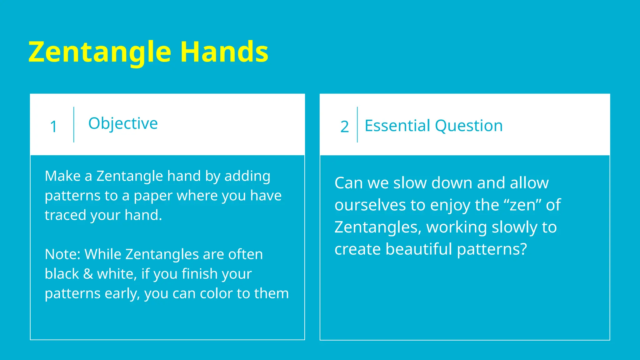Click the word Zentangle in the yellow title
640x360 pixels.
point(100,52)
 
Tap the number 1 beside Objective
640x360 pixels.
point(53,127)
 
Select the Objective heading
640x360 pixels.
point(123,124)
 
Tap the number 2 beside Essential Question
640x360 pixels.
point(344,127)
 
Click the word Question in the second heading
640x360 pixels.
point(469,126)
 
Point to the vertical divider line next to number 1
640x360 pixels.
point(74,125)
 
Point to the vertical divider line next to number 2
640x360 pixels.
point(357,125)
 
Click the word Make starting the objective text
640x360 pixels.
point(62,176)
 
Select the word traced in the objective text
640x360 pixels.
point(65,215)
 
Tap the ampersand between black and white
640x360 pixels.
point(88,274)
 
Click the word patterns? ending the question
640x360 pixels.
point(492,250)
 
